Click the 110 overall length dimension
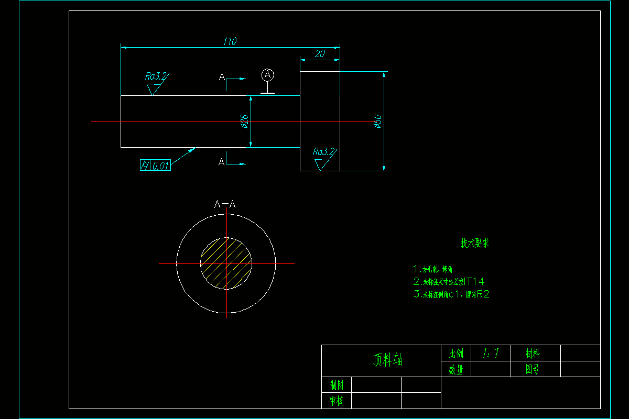pos(230,41)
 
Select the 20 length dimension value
pos(320,53)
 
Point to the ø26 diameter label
pos(244,122)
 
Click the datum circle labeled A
pos(268,75)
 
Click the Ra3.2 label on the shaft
pos(156,76)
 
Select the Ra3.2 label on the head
pos(323,151)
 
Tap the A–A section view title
pos(225,204)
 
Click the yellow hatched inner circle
pos(226,262)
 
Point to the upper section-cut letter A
pos(222,78)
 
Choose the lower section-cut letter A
pos(222,161)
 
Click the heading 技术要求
pos(475,243)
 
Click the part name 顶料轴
pos(388,360)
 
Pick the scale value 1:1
pos(491,354)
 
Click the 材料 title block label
pos(533,354)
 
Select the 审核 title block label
pos(337,401)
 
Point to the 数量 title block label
pos(456,369)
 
